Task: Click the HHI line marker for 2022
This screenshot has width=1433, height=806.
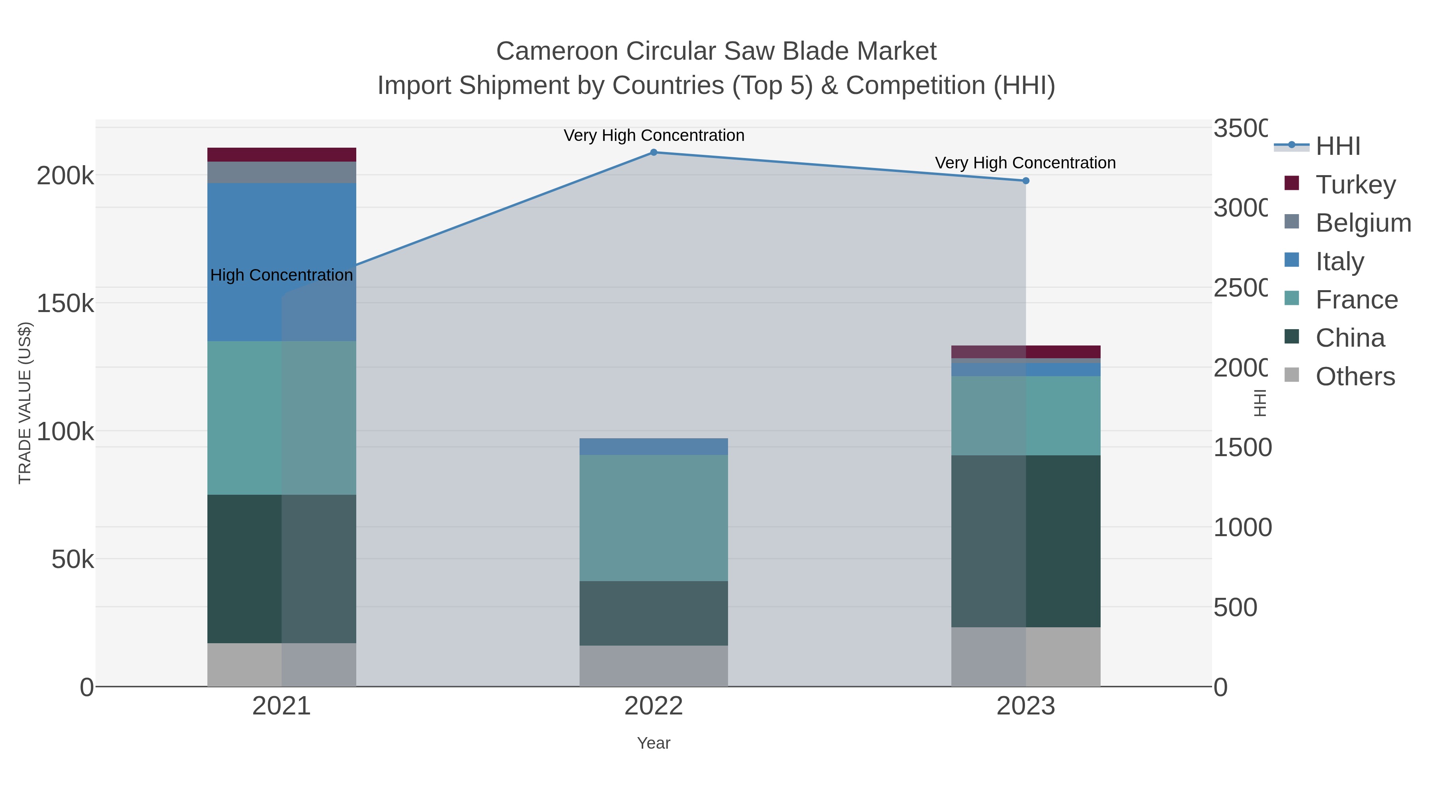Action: point(654,152)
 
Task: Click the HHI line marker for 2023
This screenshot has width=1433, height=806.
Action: point(1026,181)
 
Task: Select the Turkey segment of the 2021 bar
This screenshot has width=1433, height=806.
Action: point(281,155)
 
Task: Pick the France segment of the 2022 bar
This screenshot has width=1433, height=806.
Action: point(654,517)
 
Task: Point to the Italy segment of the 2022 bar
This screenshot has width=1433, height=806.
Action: point(654,446)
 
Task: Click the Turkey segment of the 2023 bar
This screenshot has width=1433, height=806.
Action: point(1026,351)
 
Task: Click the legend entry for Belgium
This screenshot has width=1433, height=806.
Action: point(1363,222)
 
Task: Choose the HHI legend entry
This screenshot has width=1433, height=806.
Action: point(1338,146)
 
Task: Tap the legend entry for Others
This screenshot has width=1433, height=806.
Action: point(1355,377)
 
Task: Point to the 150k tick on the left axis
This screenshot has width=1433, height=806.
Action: point(65,304)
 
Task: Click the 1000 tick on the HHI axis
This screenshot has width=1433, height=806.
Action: point(1242,527)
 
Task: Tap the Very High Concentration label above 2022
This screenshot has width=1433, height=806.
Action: point(654,135)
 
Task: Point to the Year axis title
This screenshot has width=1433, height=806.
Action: point(654,743)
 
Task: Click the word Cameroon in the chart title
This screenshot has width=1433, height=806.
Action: point(557,51)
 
